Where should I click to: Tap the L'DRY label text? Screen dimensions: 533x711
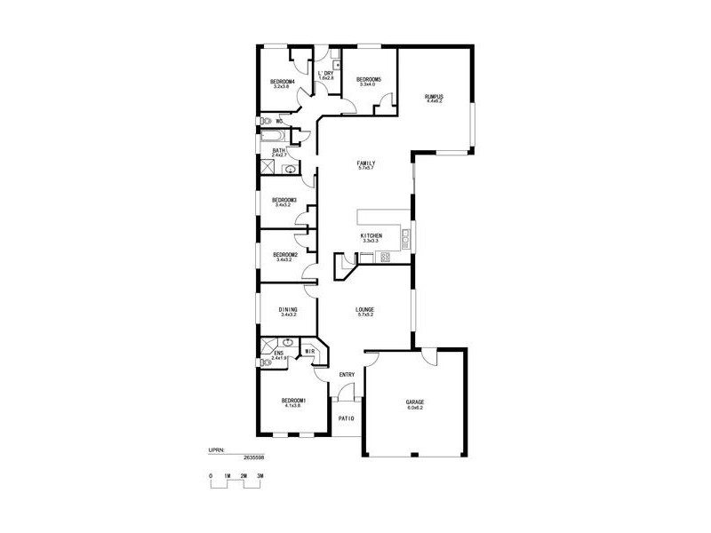(325, 74)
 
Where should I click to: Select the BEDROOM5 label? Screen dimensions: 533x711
(368, 80)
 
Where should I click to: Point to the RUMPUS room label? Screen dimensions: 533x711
(434, 96)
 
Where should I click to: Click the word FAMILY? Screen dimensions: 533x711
(365, 163)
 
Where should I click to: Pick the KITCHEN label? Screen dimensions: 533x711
(371, 235)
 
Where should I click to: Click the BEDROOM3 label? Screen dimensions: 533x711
(284, 200)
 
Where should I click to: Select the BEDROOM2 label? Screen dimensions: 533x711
(284, 255)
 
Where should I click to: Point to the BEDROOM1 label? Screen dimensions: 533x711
(292, 400)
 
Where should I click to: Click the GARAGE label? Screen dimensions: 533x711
(415, 402)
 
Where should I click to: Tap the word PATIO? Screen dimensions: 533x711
(347, 418)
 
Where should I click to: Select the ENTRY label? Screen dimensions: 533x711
(347, 375)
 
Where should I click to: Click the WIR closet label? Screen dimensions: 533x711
(309, 352)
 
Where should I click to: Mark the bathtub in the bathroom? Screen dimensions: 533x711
(273, 137)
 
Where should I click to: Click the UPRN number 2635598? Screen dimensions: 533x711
(252, 457)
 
